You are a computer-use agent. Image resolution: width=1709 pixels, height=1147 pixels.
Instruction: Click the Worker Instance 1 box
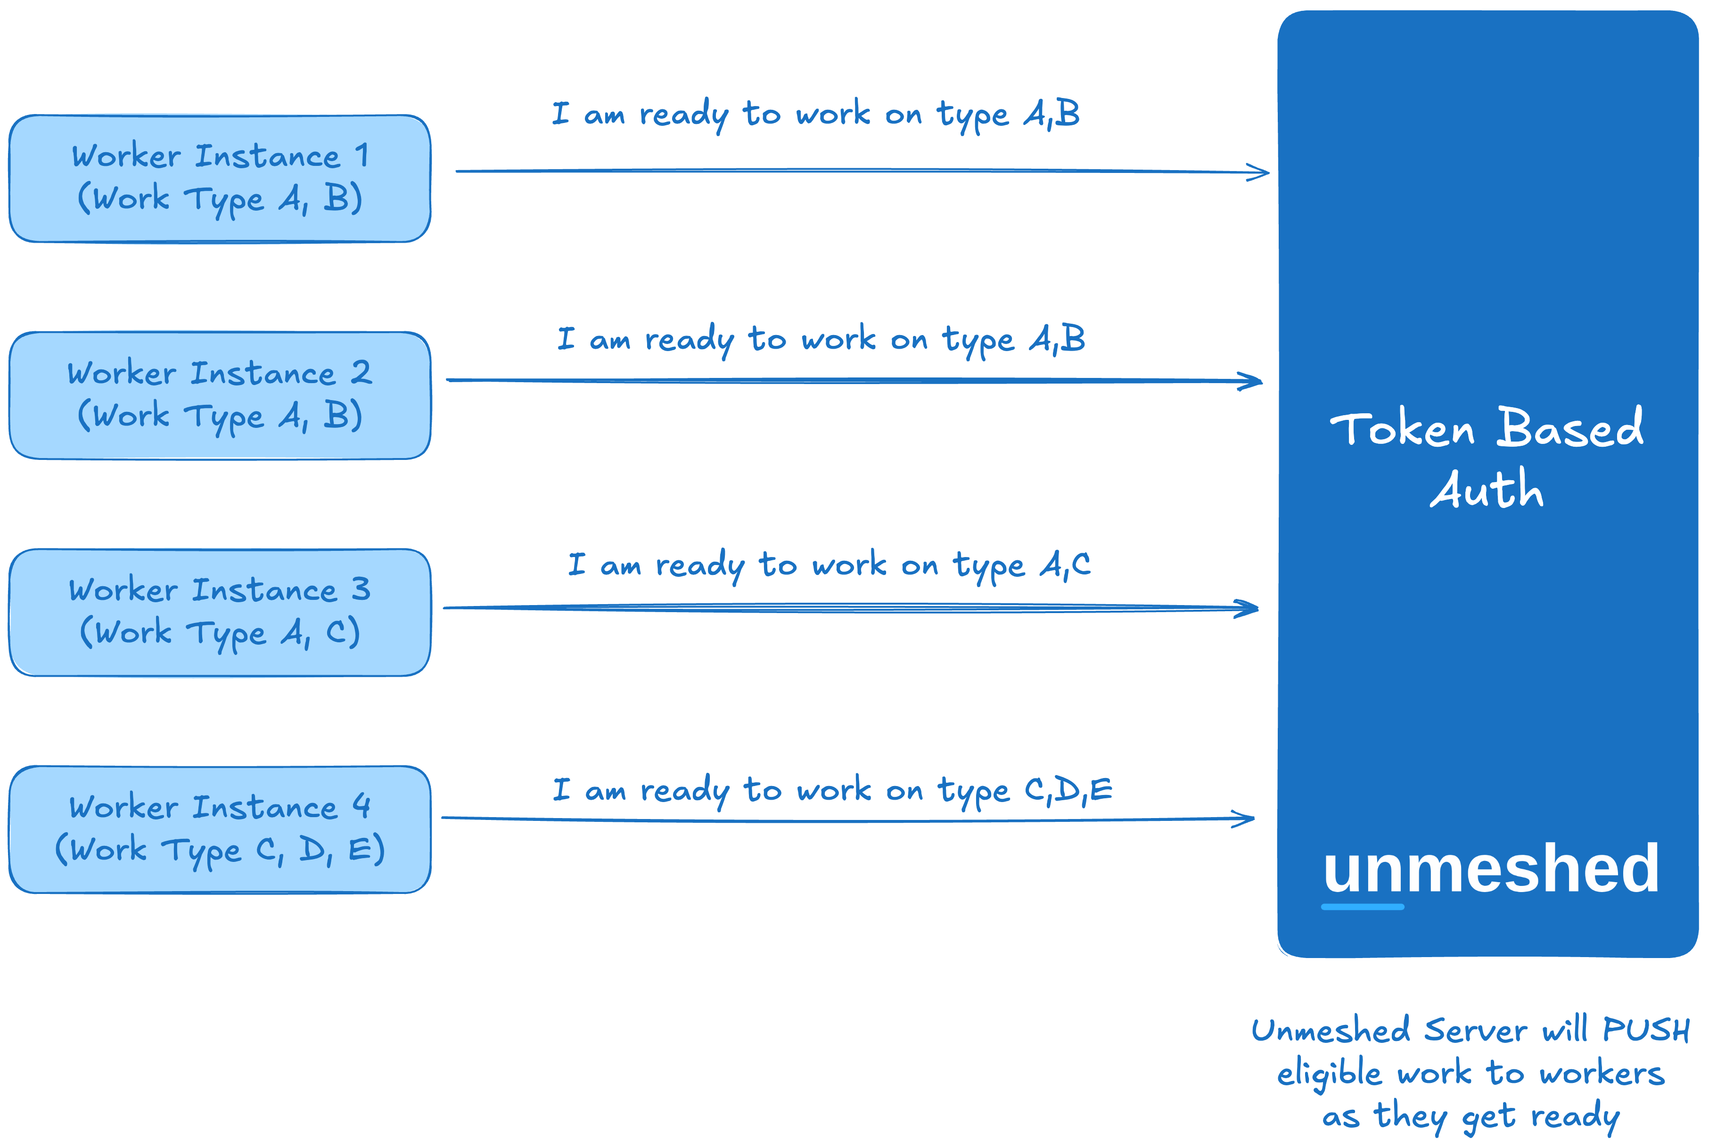(220, 179)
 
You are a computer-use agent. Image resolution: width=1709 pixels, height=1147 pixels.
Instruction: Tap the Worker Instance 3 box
(220, 612)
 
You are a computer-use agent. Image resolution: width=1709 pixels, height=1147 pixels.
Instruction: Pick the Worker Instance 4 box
(220, 829)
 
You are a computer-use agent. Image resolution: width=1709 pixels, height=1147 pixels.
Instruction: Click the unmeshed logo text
(1490, 868)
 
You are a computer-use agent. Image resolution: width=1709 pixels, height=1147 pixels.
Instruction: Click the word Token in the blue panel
(1402, 429)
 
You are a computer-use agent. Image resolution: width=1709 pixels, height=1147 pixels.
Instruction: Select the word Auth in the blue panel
(1487, 489)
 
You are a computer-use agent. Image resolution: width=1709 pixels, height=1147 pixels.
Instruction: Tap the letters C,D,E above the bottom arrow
(1068, 790)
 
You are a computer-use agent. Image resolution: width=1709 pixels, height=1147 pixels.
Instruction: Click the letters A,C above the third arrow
(1065, 565)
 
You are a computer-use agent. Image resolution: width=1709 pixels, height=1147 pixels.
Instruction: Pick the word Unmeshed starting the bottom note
(1330, 1030)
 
